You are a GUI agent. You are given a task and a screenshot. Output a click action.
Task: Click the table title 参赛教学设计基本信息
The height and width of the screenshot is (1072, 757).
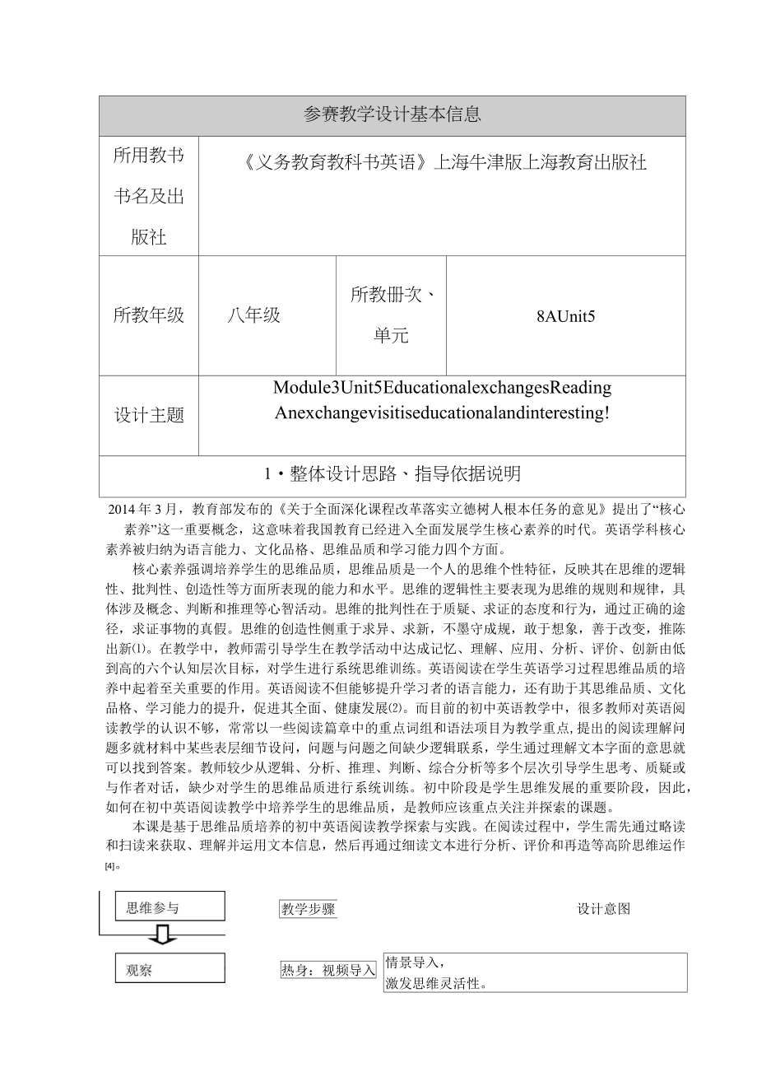(392, 115)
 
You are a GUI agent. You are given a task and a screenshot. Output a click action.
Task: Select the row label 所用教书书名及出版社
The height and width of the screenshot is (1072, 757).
(148, 196)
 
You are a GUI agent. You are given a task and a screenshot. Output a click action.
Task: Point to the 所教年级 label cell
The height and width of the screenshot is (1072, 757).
(148, 315)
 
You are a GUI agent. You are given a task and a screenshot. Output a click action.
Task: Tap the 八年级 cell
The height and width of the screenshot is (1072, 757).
(255, 315)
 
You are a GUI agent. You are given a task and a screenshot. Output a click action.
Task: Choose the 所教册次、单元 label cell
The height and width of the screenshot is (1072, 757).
(391, 315)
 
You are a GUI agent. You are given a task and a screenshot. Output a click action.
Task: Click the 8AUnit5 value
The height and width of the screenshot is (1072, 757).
(564, 316)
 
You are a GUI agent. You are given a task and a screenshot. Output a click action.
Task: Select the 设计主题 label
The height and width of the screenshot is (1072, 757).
(148, 415)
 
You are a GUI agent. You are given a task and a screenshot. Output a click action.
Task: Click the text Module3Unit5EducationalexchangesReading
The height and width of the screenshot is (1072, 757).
(443, 388)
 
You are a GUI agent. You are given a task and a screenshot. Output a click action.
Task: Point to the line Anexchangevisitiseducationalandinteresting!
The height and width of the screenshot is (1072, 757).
(443, 413)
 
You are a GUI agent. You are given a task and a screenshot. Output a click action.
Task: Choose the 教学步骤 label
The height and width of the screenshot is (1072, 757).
(308, 909)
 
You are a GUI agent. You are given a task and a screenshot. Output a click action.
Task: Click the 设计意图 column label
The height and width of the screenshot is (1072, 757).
(603, 909)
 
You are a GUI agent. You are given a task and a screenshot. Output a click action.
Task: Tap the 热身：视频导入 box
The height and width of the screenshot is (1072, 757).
(328, 970)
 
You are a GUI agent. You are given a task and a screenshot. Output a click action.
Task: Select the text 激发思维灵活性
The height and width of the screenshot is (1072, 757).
(437, 981)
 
